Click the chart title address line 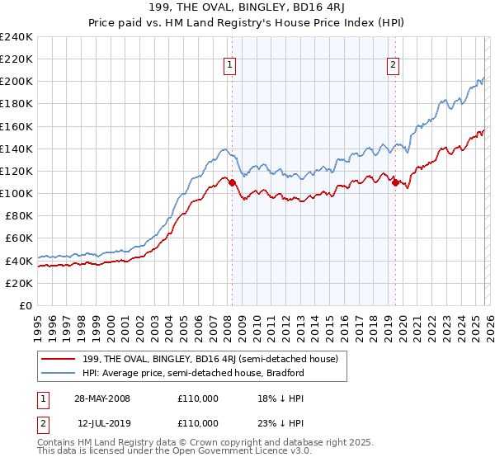[x=247, y=8]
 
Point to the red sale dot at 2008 [x=232, y=182]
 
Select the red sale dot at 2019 [x=395, y=182]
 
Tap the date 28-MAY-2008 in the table [x=101, y=398]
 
